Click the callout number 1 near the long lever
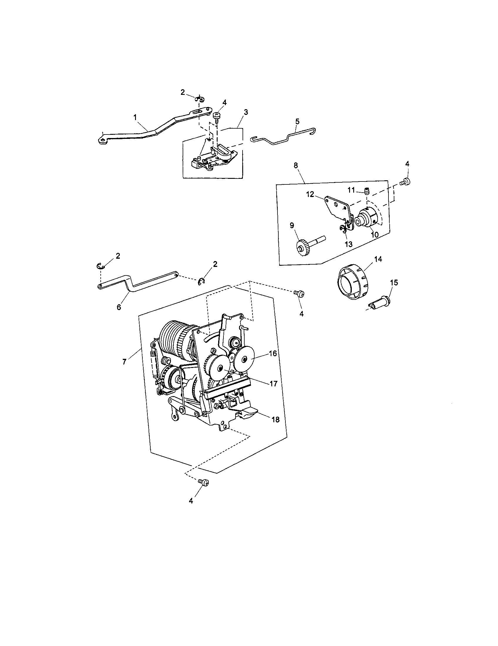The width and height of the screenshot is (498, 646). pos(135,117)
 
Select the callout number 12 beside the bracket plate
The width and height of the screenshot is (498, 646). pos(310,194)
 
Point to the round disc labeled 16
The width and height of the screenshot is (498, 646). pos(245,359)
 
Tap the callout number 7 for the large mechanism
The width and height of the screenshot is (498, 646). pos(124,361)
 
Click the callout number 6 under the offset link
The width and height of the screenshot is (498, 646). pos(119,307)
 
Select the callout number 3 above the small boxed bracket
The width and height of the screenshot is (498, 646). pos(246,112)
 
